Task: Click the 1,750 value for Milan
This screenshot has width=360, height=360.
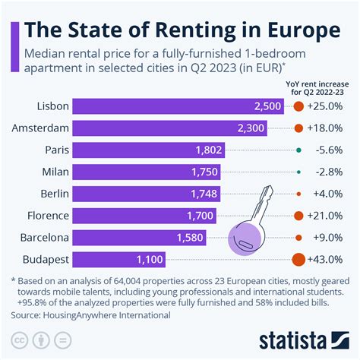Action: pyautogui.click(x=202, y=172)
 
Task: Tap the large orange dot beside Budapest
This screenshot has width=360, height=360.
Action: pyautogui.click(x=299, y=259)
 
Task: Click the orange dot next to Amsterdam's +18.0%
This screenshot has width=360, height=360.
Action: pyautogui.click(x=299, y=129)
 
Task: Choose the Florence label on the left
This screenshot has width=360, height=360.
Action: pyautogui.click(x=48, y=216)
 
